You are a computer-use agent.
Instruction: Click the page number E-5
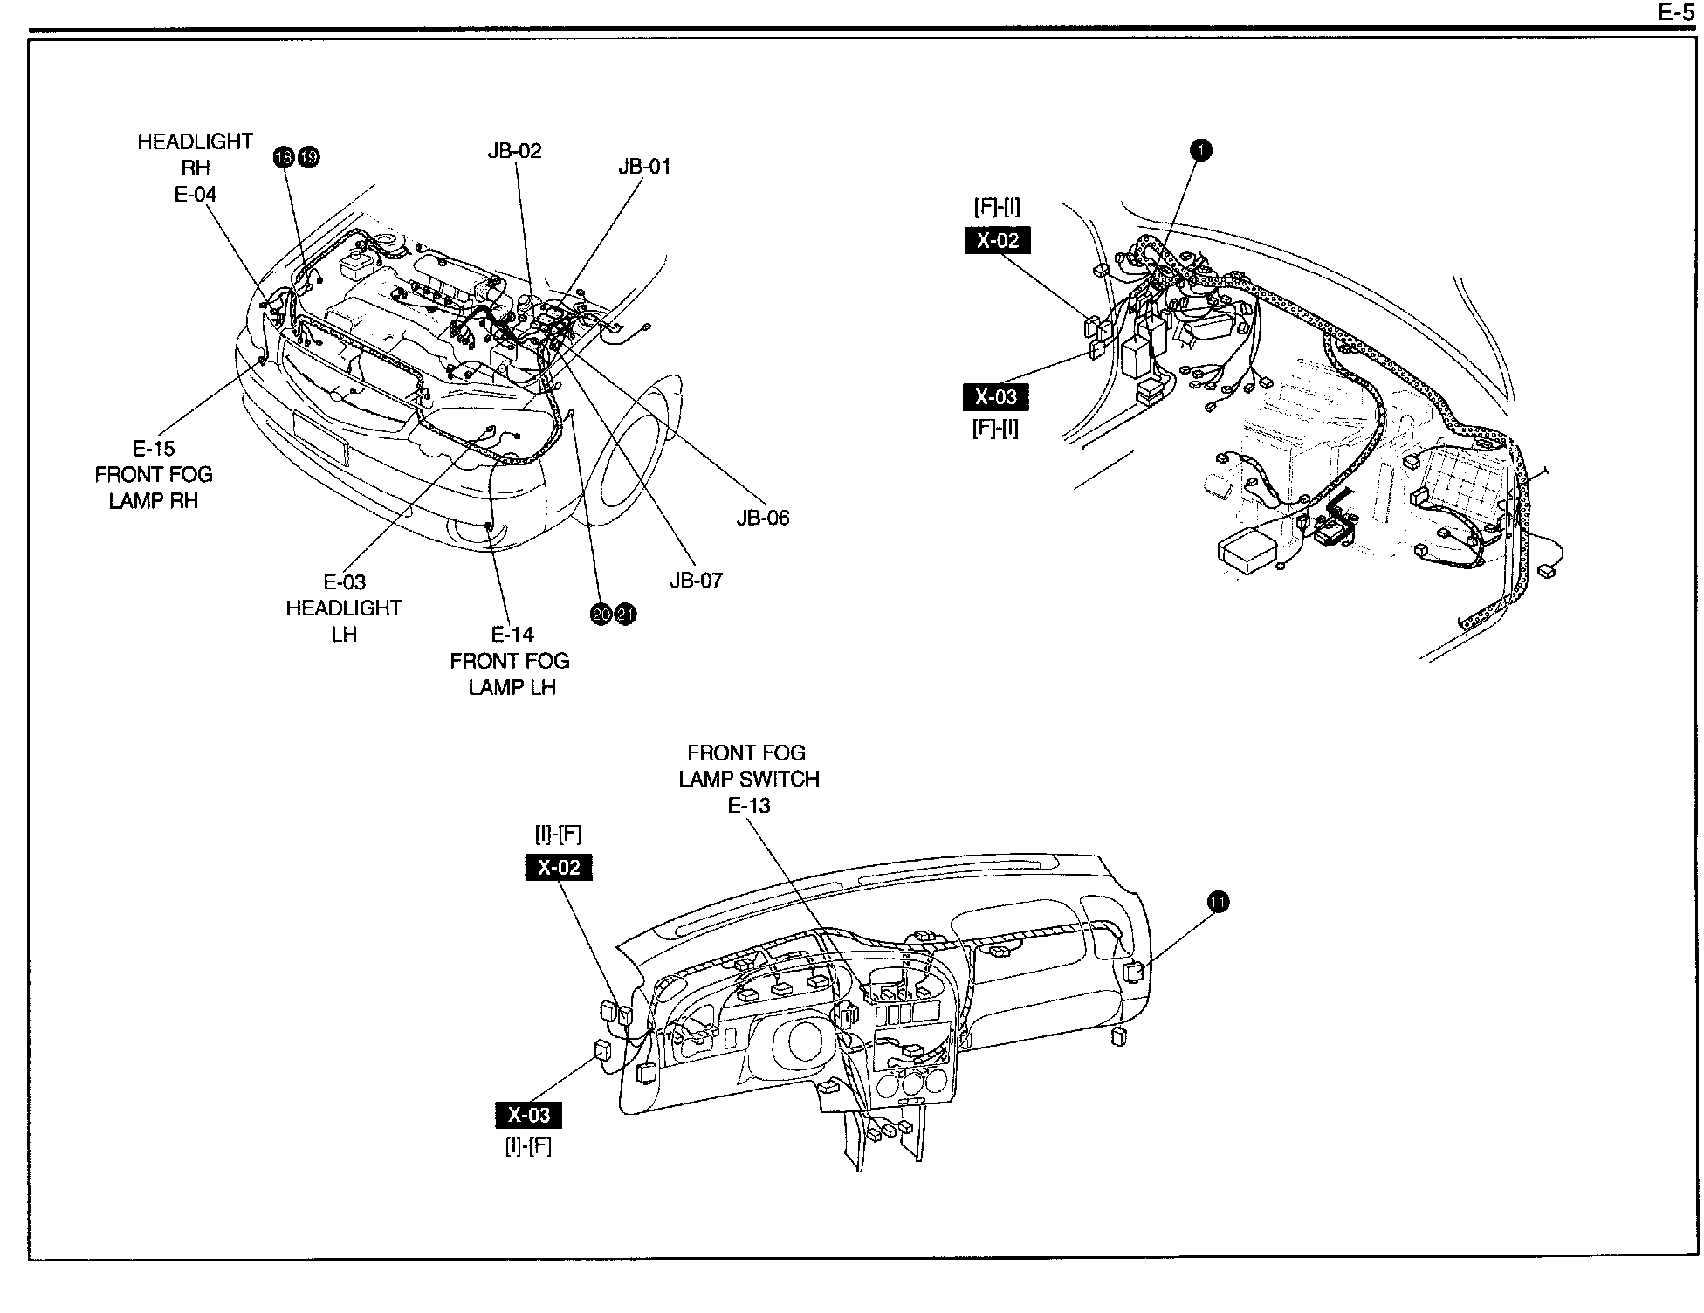[x=1675, y=12]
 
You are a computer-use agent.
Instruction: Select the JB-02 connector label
[x=514, y=151]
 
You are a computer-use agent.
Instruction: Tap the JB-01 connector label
[x=644, y=167]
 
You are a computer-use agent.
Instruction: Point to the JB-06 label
[x=762, y=518]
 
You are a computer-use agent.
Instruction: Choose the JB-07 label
[x=696, y=581]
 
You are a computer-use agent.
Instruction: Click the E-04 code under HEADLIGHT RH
[x=196, y=195]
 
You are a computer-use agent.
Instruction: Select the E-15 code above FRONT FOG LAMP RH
[x=154, y=449]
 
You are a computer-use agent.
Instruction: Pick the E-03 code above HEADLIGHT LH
[x=344, y=582]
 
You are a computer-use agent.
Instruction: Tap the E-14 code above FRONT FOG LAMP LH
[x=512, y=635]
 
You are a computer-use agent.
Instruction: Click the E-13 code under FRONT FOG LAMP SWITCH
[x=749, y=806]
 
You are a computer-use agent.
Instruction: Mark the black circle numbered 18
[x=284, y=157]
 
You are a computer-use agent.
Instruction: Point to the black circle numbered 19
[x=309, y=157]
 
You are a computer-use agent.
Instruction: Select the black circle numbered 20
[x=601, y=615]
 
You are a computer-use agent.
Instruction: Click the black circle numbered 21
[x=626, y=615]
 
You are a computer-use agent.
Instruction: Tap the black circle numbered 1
[x=1201, y=150]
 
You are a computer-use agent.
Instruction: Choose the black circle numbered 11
[x=1218, y=902]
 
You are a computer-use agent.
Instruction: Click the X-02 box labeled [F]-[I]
[x=997, y=240]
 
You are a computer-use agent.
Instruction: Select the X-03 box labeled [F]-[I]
[x=996, y=397]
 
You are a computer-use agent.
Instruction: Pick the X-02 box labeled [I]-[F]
[x=559, y=868]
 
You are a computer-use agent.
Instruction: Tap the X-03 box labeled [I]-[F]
[x=529, y=1115]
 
